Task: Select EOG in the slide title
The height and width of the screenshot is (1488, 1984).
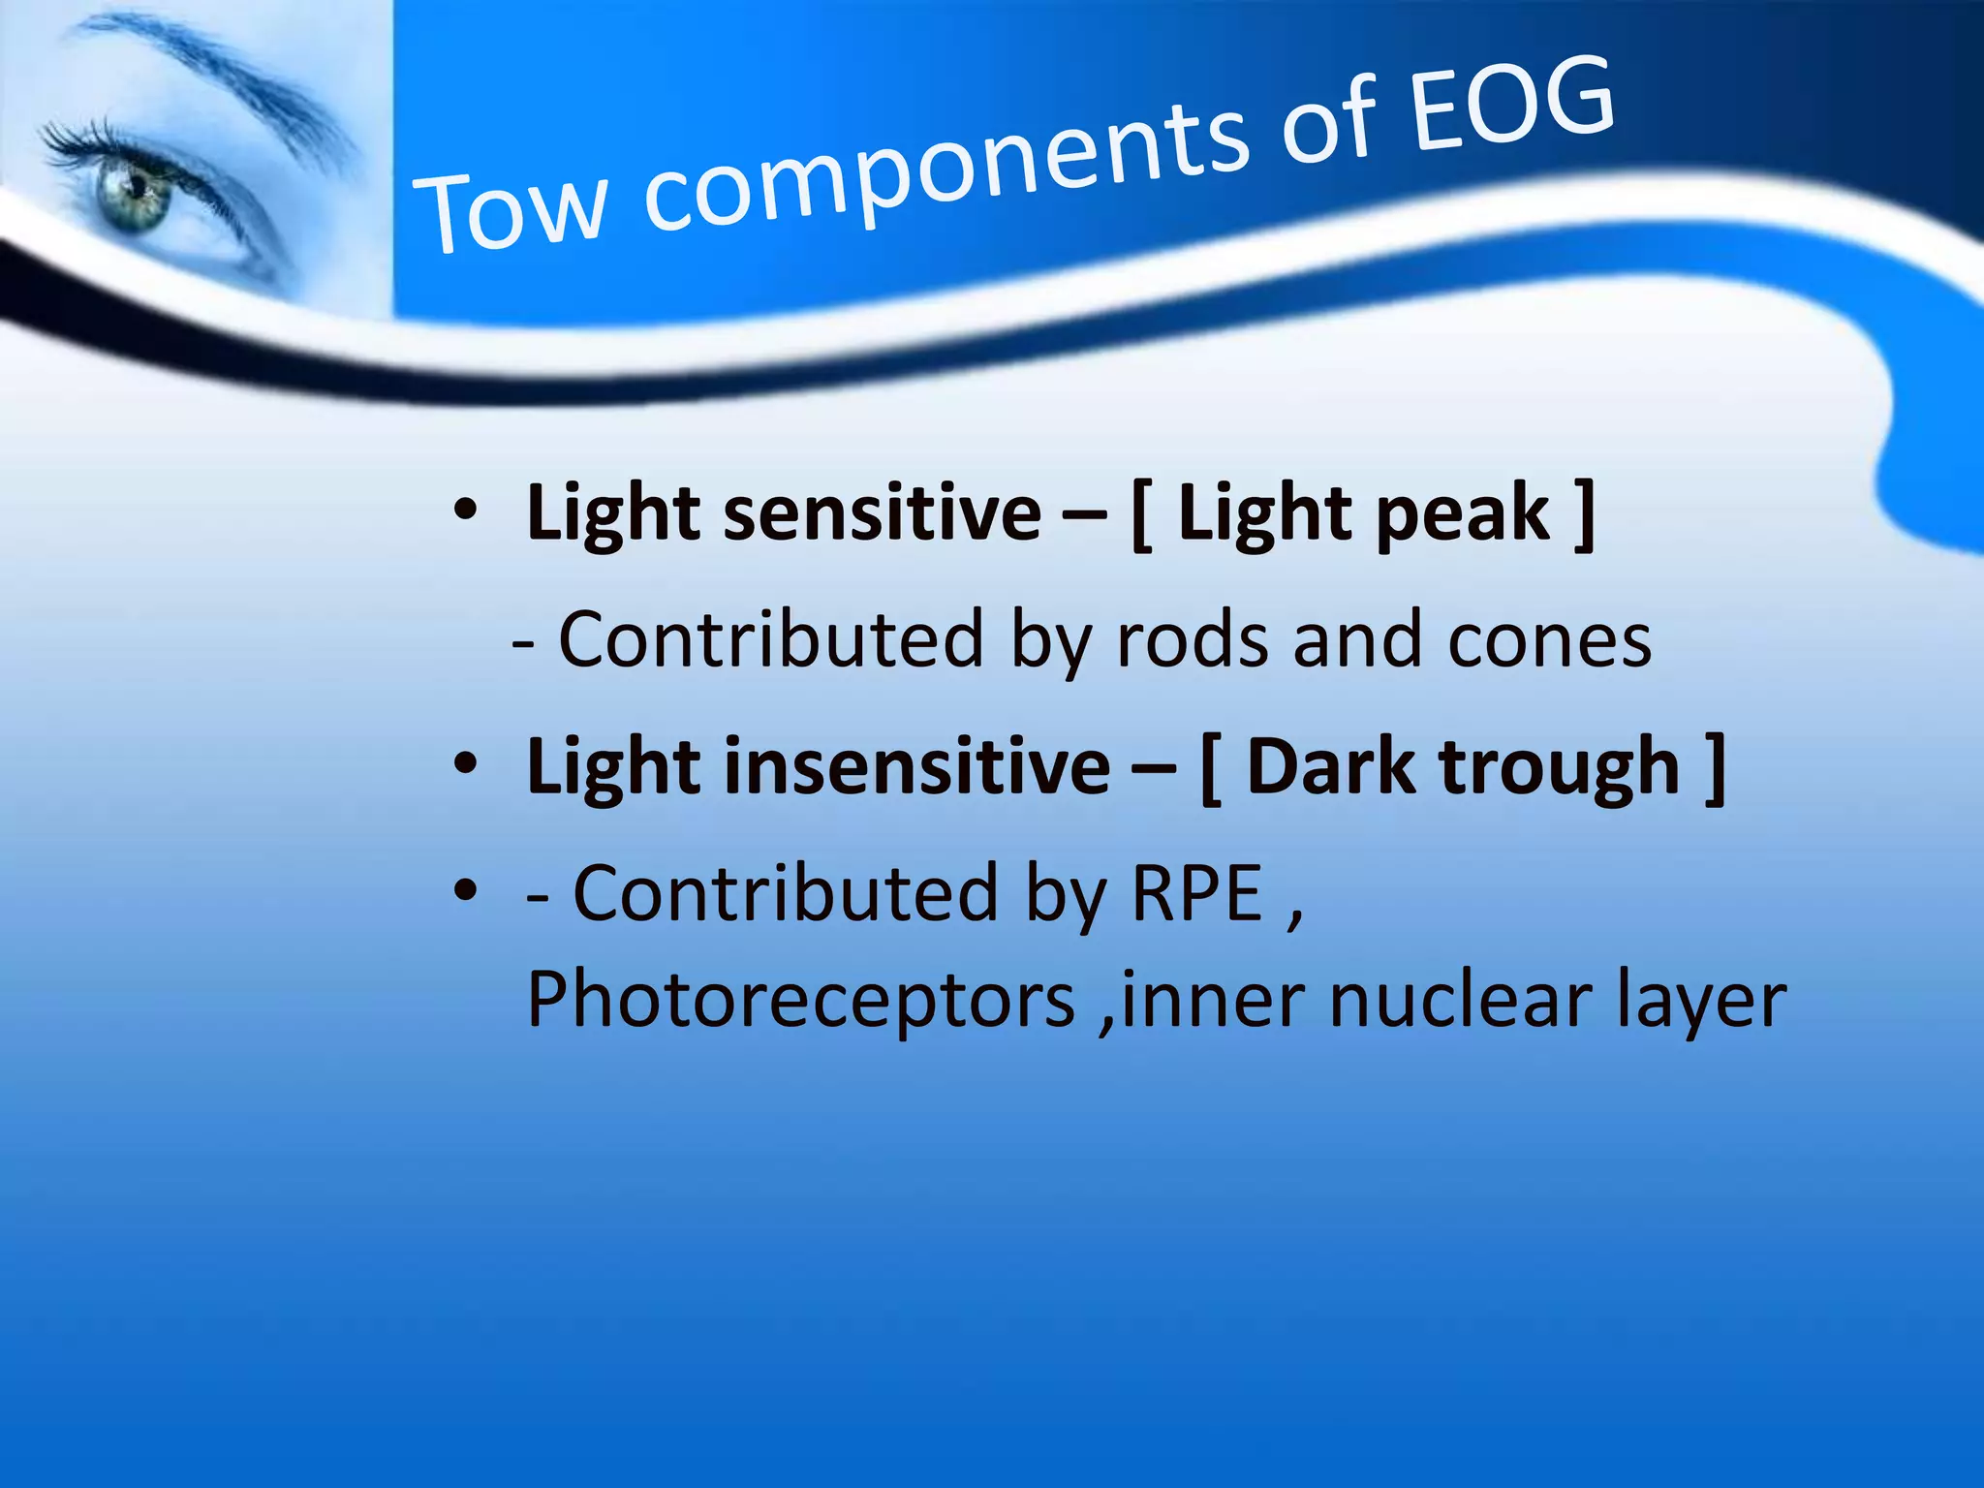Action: click(1511, 105)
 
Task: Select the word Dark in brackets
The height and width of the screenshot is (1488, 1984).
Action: click(1332, 766)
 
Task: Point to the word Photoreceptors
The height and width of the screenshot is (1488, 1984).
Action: click(800, 1001)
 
